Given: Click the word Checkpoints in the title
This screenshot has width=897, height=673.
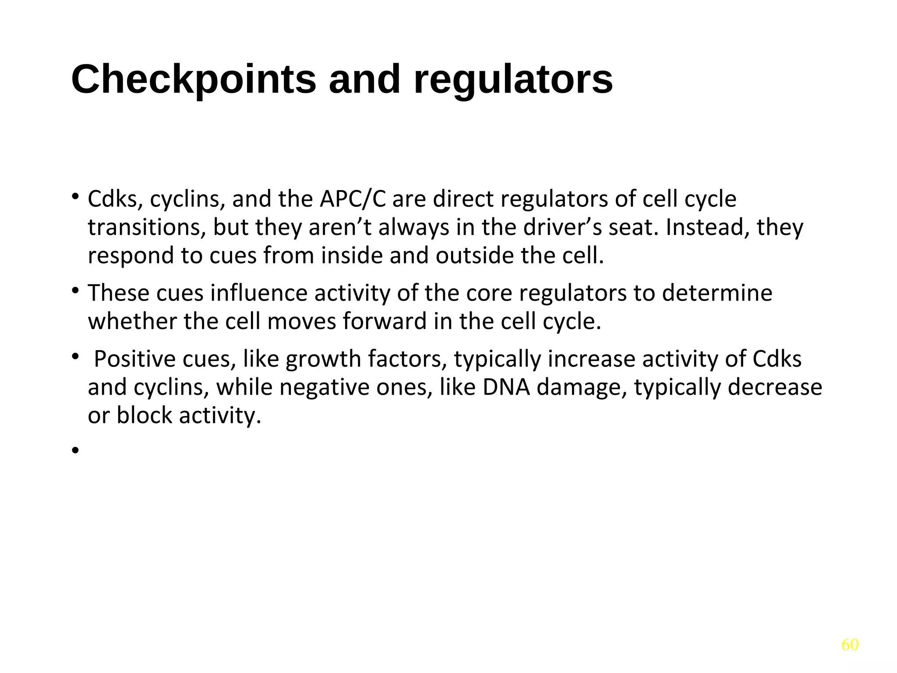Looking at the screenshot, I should click(193, 80).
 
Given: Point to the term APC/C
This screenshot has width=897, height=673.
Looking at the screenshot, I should click(353, 199).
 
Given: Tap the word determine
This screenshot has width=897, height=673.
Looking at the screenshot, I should click(717, 293).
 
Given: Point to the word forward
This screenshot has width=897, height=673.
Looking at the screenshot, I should click(385, 322).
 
